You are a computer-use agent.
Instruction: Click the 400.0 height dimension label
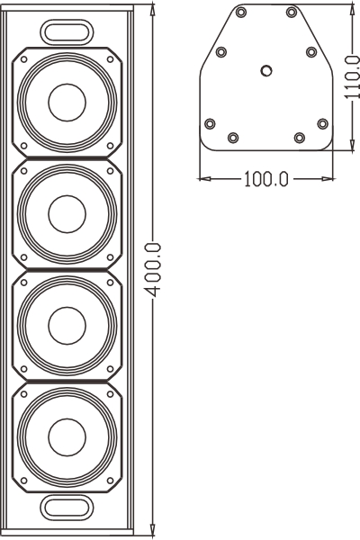coord(154,271)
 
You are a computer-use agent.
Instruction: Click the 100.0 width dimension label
coord(266,178)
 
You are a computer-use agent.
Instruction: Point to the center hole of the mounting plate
coord(265,69)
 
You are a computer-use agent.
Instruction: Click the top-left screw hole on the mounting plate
coord(242,13)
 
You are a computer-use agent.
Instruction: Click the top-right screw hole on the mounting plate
coord(291,13)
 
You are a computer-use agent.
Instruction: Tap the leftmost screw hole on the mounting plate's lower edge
coord(211,123)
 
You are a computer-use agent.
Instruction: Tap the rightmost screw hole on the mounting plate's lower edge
coord(322,123)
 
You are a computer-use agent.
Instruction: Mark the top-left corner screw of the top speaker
coord(23,60)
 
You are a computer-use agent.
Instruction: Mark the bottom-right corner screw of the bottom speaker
coord(111,481)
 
